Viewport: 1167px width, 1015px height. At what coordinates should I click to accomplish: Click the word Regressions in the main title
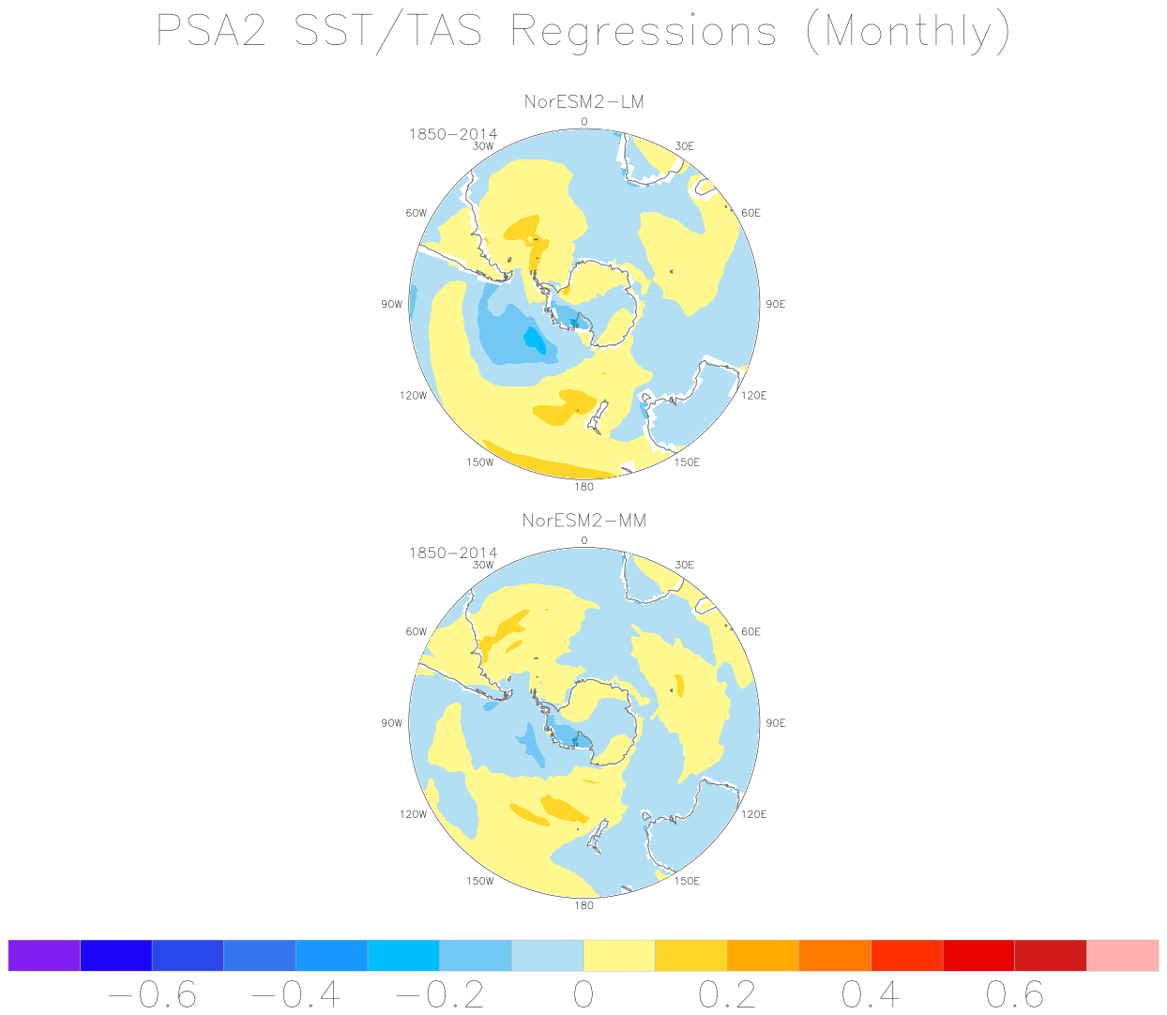coord(644,32)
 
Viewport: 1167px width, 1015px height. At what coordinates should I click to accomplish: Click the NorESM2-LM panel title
coord(583,101)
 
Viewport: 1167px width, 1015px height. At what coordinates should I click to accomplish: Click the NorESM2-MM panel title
coord(583,520)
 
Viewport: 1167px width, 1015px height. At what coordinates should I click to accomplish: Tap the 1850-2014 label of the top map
coord(452,134)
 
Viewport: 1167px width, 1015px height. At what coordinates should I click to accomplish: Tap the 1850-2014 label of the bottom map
coord(452,553)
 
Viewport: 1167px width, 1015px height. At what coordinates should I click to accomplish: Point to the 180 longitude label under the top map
coord(583,486)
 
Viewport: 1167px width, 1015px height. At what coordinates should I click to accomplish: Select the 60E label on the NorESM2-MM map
coord(750,631)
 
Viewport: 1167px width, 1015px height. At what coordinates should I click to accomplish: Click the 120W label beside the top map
coord(413,395)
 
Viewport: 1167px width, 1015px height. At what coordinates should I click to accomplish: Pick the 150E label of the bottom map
coord(687,880)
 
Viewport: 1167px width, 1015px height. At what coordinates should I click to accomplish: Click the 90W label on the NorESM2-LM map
coord(391,304)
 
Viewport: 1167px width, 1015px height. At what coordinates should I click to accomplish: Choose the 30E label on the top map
coord(684,146)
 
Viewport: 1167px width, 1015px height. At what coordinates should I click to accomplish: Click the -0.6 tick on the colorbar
coord(152,994)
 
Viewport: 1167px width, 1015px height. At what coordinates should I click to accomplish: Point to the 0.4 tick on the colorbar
coord(871,994)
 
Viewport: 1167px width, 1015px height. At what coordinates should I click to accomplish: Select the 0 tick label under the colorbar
coord(583,994)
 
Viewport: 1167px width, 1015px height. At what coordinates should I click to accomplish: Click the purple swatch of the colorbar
coord(44,955)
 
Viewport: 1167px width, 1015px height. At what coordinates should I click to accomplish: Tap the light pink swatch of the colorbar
coord(1122,955)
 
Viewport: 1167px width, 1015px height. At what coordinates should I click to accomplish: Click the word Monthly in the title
coord(908,32)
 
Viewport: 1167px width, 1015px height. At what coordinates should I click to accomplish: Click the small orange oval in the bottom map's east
coord(679,685)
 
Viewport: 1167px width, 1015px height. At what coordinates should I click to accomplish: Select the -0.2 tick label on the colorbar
coord(439,994)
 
